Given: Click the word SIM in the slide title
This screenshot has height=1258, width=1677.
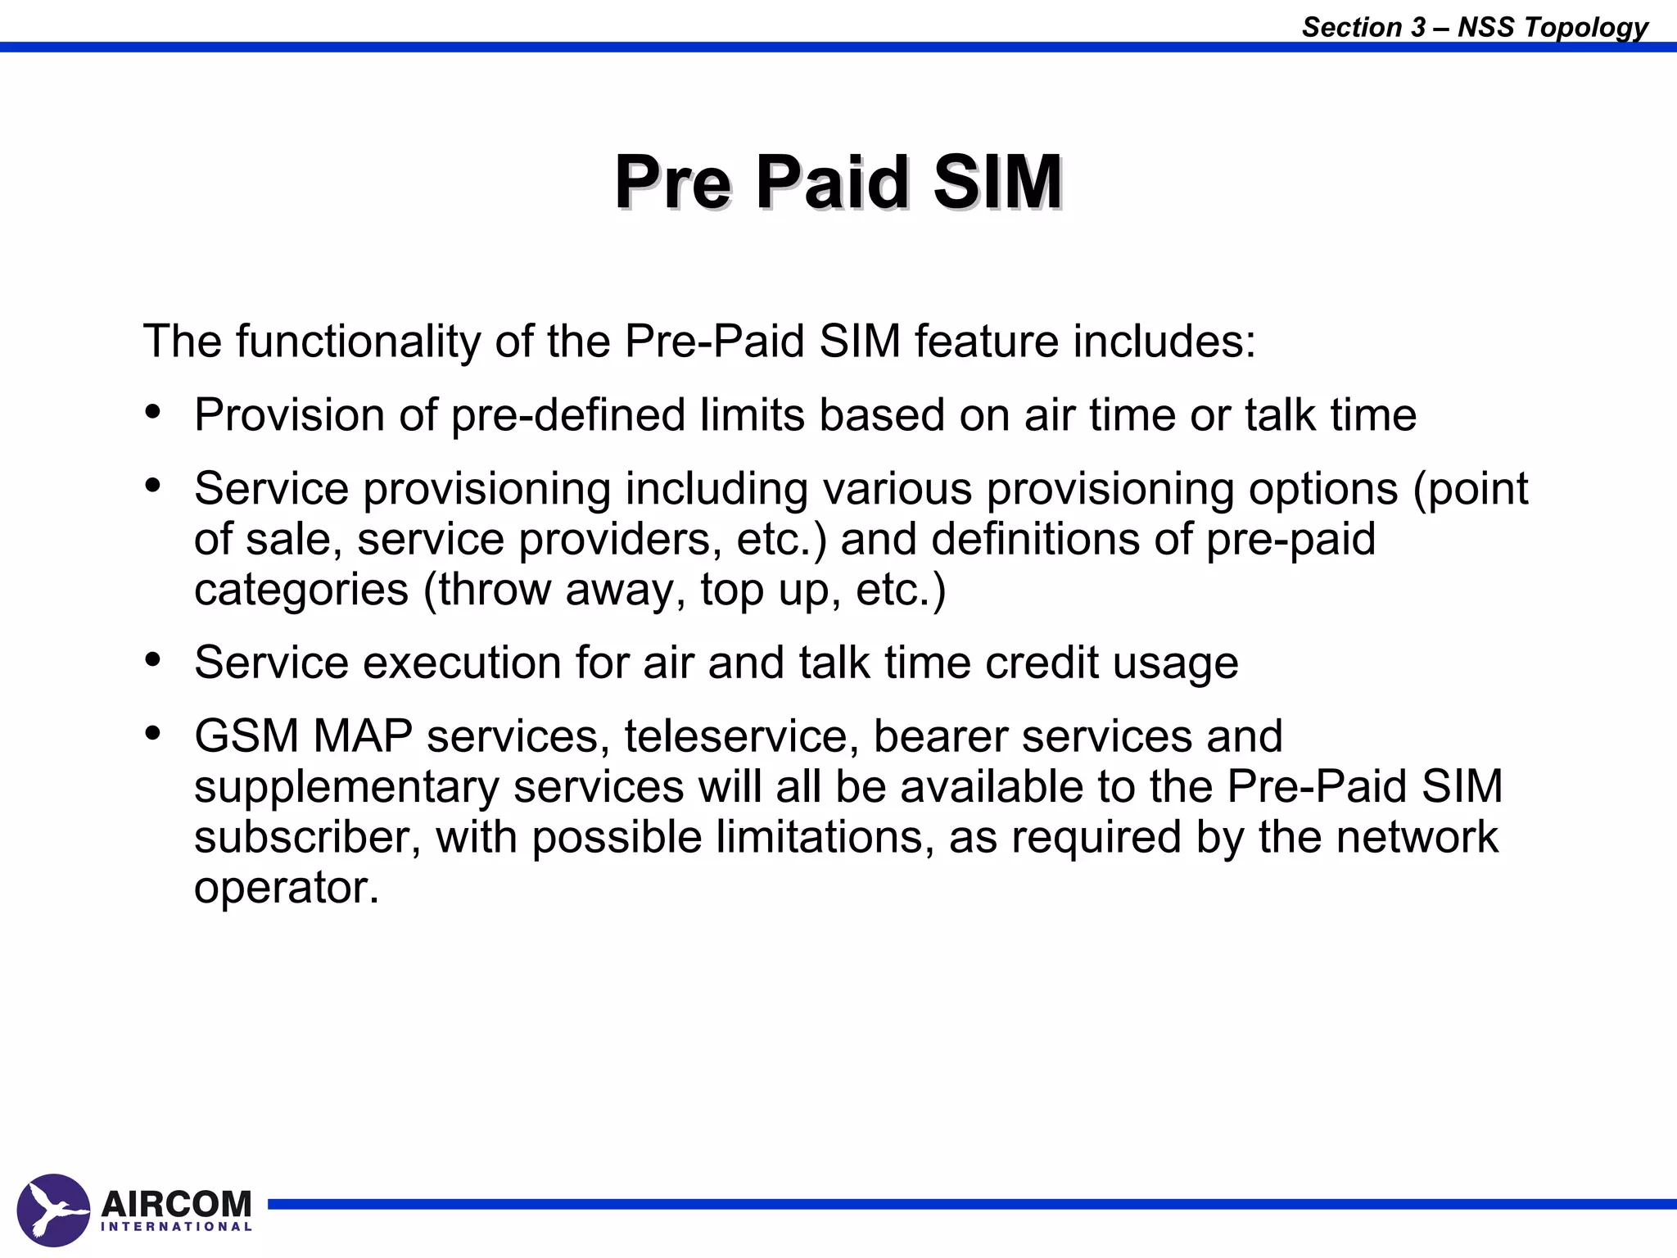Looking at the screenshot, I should coord(997,182).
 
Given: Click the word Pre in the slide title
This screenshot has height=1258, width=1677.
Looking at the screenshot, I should coord(671,182).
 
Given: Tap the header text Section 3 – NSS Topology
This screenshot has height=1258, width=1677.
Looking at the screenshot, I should coord(1474,27).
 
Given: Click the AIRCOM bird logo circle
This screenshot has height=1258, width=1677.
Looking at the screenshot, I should coord(53,1210).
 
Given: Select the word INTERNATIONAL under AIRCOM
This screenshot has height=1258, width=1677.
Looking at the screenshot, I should coord(176,1227).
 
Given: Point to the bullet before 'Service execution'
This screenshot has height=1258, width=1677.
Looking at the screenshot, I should coord(152,660).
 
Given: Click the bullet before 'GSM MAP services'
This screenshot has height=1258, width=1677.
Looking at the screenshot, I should coord(152,734).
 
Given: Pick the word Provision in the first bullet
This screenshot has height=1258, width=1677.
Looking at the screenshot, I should coord(289,415).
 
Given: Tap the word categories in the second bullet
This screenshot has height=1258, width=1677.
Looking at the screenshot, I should coord(301,591).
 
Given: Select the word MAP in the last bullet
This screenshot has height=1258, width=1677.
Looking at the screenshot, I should coord(362,736).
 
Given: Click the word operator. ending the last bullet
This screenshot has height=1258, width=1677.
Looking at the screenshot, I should coord(287,888).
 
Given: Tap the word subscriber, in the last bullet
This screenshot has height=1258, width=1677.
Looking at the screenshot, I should coord(307,838).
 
